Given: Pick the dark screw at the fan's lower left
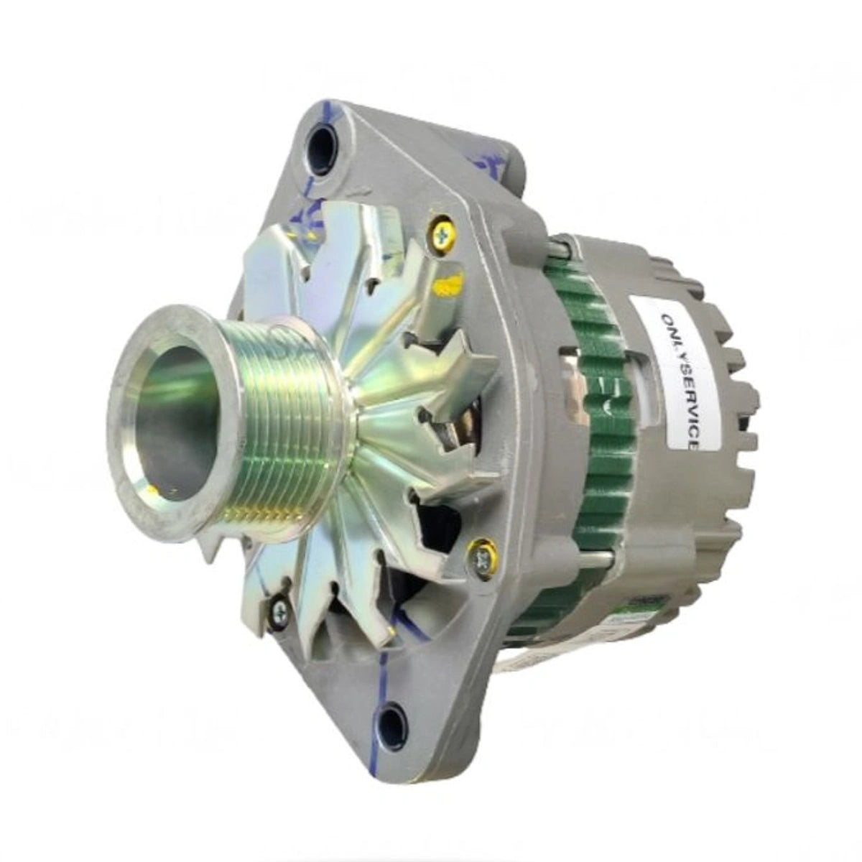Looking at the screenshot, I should pyautogui.click(x=279, y=610).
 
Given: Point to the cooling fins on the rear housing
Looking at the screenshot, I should pyautogui.click(x=733, y=402).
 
